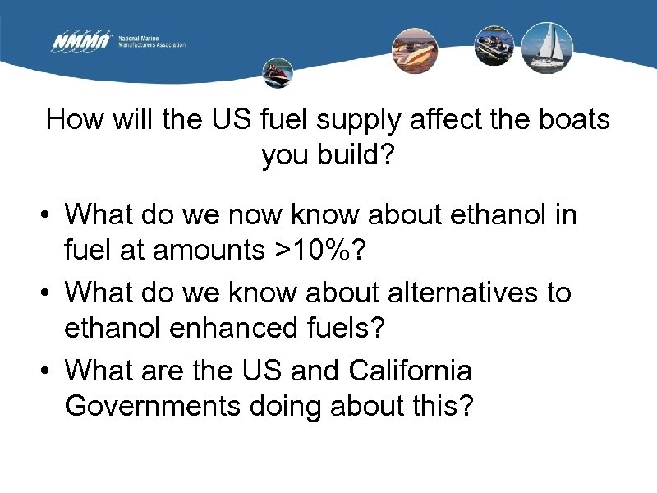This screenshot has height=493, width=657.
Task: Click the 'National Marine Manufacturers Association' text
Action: pyautogui.click(x=152, y=42)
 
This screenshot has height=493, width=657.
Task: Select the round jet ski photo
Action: pyautogui.click(x=278, y=73)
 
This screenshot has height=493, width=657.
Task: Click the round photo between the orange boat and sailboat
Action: pyautogui.click(x=494, y=45)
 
